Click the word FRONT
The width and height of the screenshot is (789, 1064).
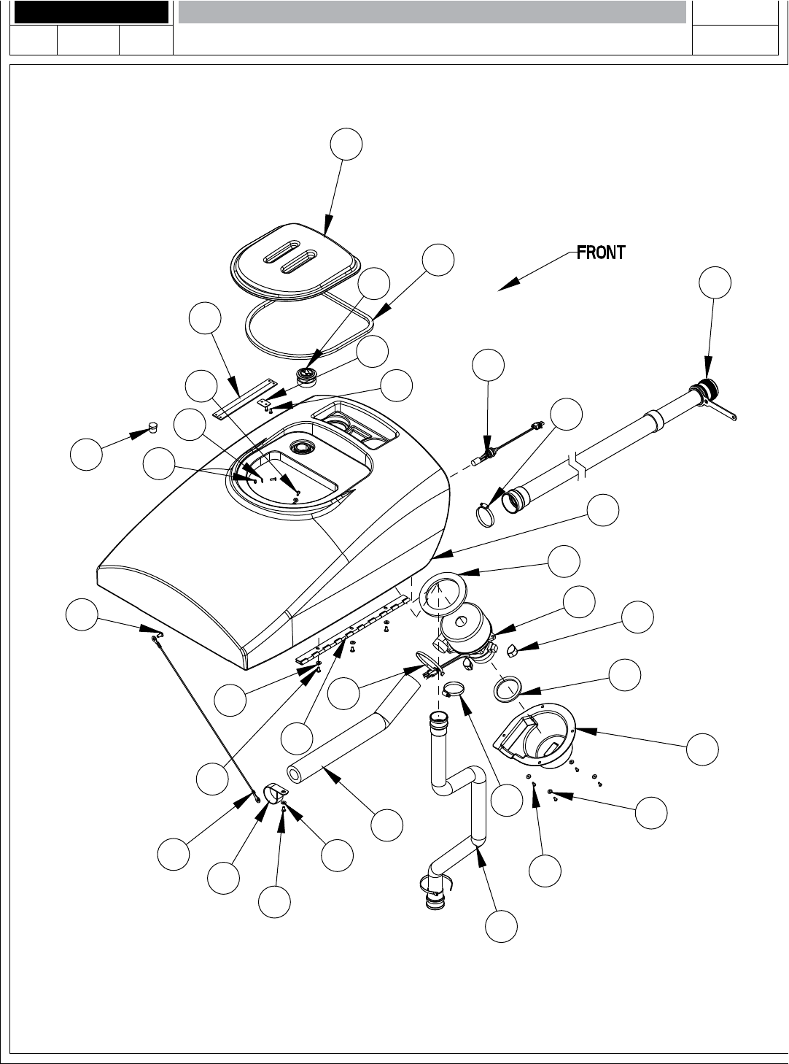pyautogui.click(x=601, y=253)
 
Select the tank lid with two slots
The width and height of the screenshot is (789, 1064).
pyautogui.click(x=292, y=259)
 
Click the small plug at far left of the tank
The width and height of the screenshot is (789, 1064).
pyautogui.click(x=151, y=426)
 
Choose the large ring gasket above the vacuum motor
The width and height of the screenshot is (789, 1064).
pyautogui.click(x=442, y=593)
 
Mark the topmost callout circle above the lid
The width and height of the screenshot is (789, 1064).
pyautogui.click(x=346, y=144)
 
